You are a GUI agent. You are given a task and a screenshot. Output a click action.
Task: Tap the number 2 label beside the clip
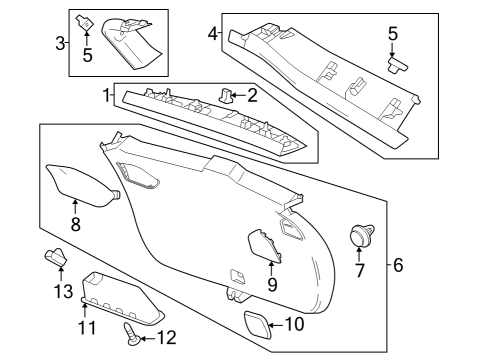[252, 96]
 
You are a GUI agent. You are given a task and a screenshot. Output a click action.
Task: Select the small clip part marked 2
[225, 96]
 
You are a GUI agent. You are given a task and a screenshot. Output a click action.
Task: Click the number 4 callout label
[212, 34]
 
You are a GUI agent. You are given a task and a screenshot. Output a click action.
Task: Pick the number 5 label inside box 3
[87, 56]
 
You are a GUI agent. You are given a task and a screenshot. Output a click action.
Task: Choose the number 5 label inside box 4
[392, 35]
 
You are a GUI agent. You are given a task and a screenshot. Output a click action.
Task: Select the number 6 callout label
[397, 265]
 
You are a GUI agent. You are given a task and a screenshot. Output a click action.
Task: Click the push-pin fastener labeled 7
[358, 236]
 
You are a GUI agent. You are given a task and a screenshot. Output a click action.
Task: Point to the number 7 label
[360, 270]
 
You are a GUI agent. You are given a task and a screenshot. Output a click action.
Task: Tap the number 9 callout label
[271, 284]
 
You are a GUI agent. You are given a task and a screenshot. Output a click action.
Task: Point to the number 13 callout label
[63, 291]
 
